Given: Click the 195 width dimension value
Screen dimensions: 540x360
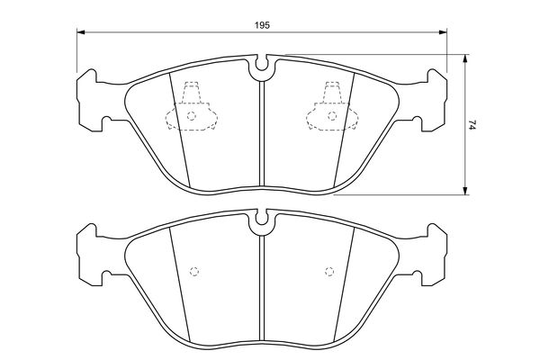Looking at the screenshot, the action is (x=262, y=25).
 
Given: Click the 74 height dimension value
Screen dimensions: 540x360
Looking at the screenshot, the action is (x=472, y=124).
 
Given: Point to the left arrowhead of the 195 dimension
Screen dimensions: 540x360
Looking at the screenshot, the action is (x=81, y=32).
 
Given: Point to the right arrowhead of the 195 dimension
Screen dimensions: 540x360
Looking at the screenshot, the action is (x=443, y=32).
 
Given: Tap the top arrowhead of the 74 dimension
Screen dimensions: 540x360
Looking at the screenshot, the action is (x=465, y=58).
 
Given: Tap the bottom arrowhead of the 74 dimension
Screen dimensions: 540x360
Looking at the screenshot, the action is (x=465, y=191).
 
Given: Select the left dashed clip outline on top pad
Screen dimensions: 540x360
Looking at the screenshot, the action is (x=192, y=106).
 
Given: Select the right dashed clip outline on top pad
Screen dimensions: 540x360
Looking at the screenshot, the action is (x=332, y=106).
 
